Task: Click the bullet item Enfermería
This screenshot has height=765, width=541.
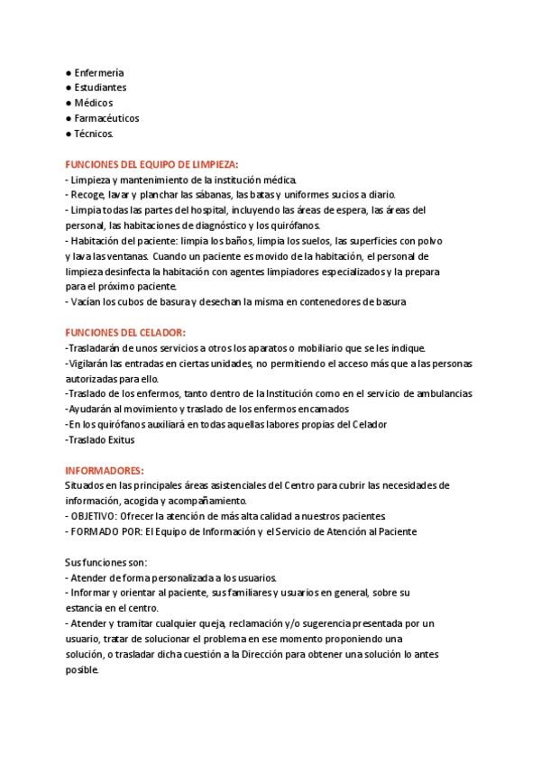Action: pos(98,72)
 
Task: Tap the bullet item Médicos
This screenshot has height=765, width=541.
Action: pos(94,103)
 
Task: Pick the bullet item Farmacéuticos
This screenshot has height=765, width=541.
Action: pos(105,118)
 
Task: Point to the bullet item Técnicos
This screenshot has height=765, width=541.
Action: pos(94,134)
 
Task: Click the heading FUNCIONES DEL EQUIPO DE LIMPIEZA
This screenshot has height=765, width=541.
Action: pos(152,164)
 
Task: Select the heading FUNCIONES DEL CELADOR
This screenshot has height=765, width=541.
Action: pos(125,333)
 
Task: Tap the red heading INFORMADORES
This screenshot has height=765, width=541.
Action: pos(105,470)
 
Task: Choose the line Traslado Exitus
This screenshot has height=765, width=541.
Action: pos(100,439)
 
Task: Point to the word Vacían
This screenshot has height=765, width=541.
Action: pos(86,302)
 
